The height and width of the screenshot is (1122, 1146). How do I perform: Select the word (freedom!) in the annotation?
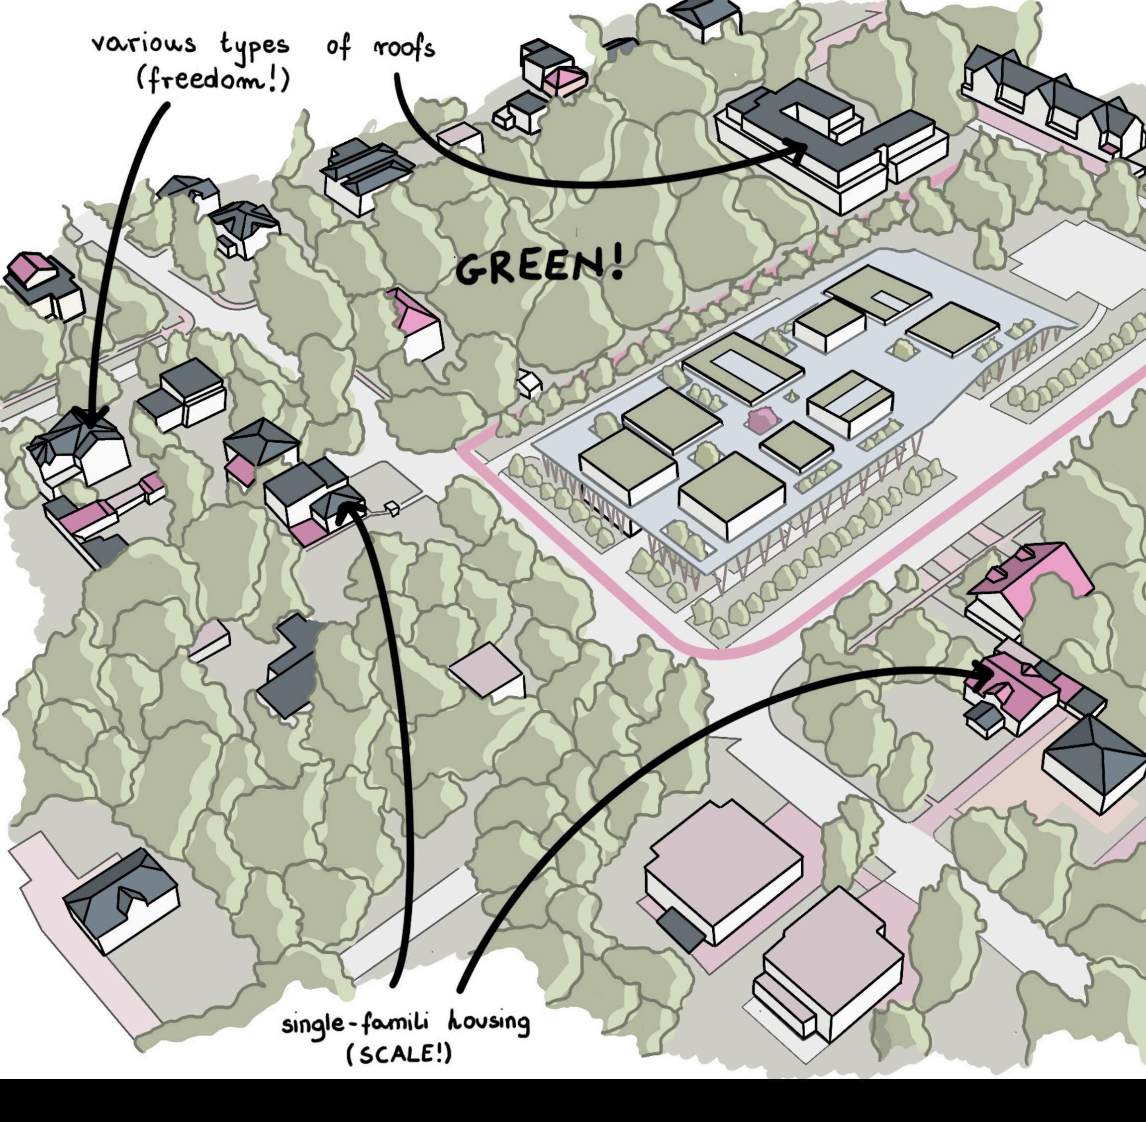(x=213, y=80)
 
